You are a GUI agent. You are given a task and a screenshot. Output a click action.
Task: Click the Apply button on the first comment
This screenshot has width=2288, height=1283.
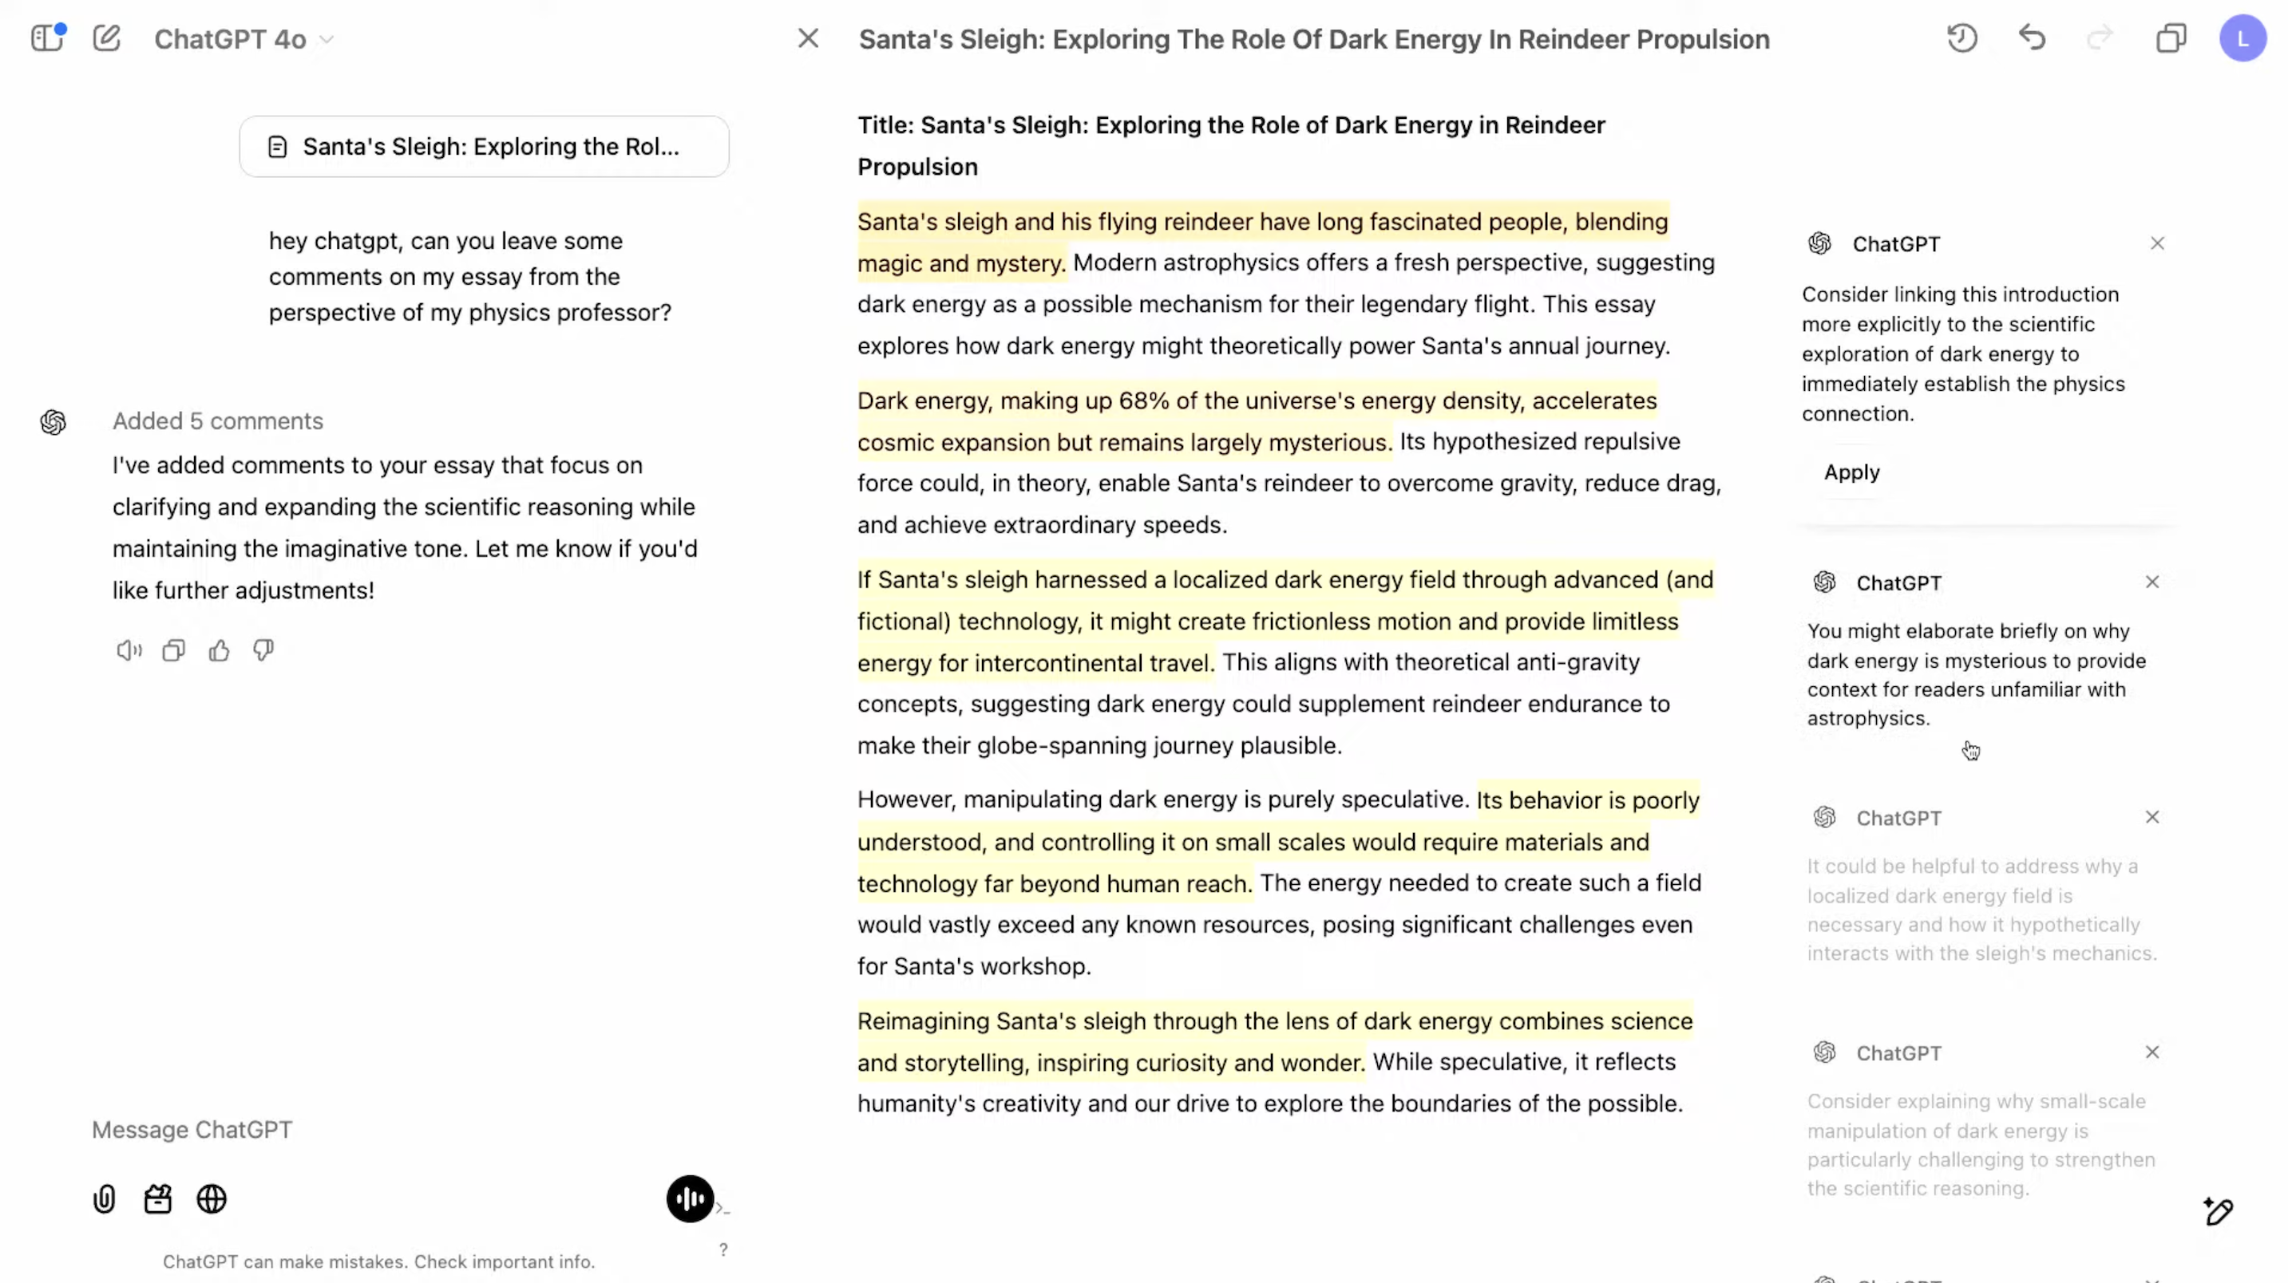coord(1851,472)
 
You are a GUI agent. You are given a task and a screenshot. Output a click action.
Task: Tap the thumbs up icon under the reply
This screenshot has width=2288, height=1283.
coord(219,651)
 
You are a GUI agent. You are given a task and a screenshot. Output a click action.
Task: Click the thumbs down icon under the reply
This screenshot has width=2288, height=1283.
coord(263,651)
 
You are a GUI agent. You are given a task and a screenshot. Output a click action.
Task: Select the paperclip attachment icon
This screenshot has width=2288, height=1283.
coord(104,1199)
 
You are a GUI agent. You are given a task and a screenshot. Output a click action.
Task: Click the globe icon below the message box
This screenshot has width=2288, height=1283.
coord(212,1199)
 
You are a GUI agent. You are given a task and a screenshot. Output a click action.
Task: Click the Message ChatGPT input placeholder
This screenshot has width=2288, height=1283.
coord(192,1129)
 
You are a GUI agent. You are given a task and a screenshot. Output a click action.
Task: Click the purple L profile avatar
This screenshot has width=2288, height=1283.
coord(2242,39)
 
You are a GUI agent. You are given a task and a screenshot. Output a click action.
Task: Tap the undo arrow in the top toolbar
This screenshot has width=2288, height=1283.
coord(2031,38)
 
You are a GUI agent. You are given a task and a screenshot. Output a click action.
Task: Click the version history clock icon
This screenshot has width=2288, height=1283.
coord(1962,38)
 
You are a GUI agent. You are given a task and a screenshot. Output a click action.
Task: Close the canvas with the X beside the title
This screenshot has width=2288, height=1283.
coord(807,38)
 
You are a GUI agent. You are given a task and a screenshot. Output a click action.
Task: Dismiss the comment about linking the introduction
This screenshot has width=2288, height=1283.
coord(2156,243)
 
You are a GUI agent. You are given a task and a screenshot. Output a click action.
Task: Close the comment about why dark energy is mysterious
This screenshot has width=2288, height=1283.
coord(2151,582)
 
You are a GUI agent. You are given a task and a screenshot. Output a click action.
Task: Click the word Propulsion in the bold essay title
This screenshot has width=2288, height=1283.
coord(916,167)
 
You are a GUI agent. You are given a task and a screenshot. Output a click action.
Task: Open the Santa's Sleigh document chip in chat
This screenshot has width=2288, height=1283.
coord(484,147)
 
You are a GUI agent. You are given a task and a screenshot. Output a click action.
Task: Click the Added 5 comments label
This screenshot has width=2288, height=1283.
coord(218,420)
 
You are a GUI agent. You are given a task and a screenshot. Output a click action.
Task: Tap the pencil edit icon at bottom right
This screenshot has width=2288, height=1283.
coord(2218,1211)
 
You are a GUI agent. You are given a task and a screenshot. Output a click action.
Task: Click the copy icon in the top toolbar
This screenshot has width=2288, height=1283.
coord(2171,38)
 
